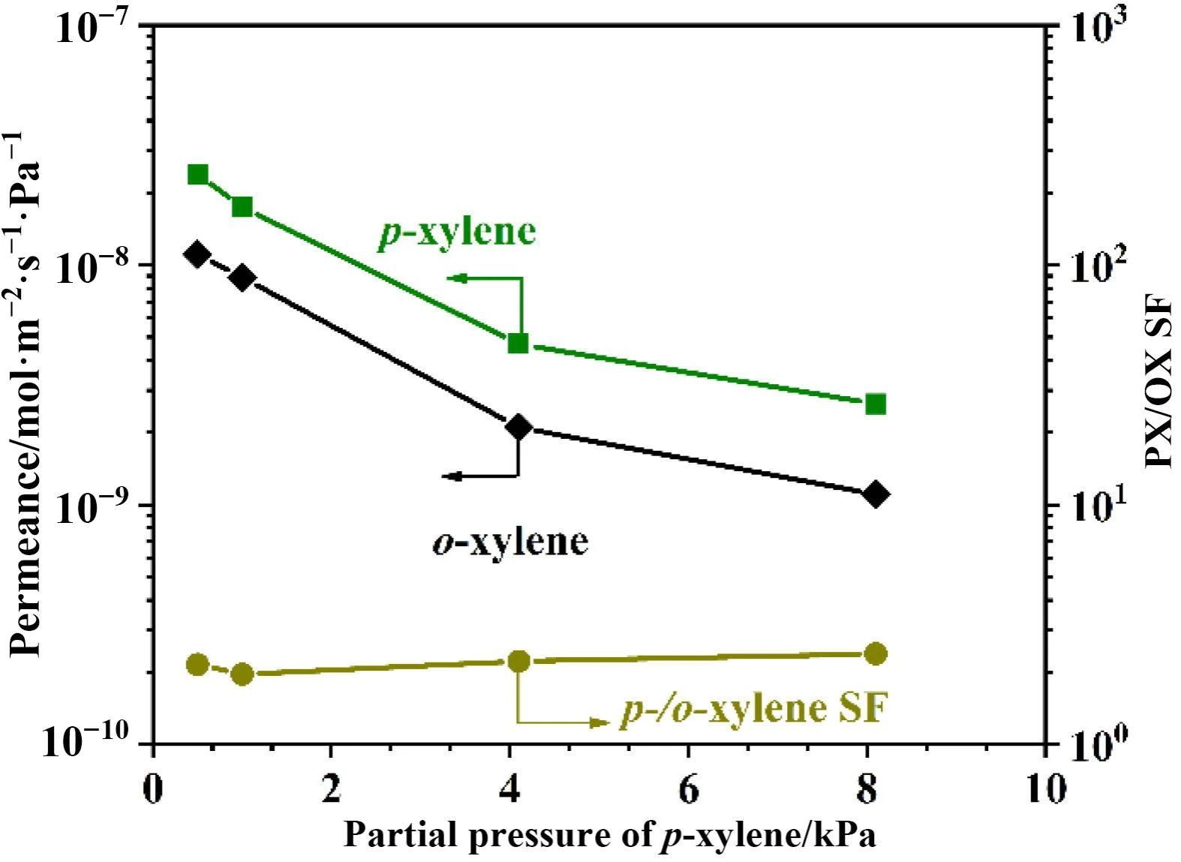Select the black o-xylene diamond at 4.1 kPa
pos(518,427)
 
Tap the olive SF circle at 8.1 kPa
pos(876,653)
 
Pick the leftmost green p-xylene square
pos(197,175)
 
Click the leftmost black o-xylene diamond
pos(197,254)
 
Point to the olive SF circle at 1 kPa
pos(242,674)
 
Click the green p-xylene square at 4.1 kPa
pos(518,344)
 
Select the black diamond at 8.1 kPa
pos(876,494)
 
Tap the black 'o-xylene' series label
pos(510,540)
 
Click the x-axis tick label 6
pos(688,789)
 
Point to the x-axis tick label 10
pos(1045,789)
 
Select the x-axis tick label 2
pos(331,789)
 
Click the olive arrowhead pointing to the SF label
pos(600,722)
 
